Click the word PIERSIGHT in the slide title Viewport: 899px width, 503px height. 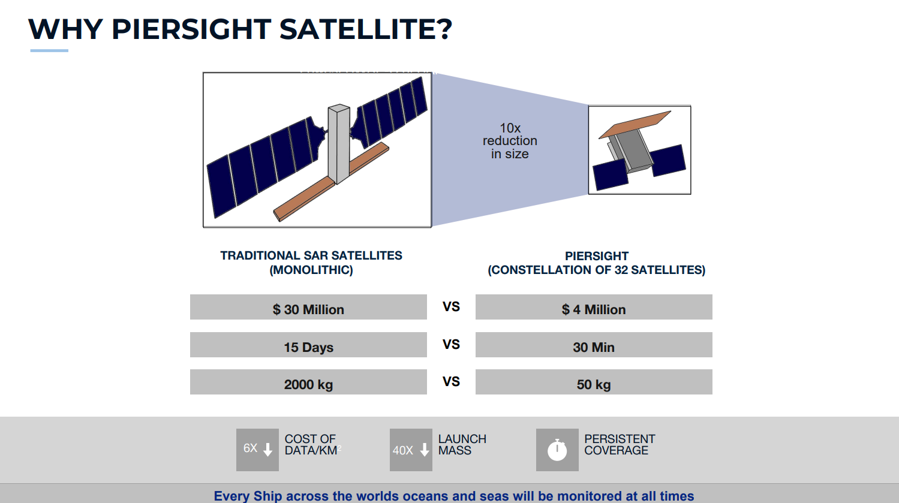(191, 29)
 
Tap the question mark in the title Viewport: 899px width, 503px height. (444, 29)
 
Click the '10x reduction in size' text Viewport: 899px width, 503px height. (510, 141)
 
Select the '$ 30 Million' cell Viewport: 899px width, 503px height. (308, 307)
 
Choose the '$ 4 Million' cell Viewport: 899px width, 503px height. (594, 307)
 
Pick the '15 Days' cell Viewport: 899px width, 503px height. (308, 345)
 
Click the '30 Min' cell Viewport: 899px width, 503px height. (594, 345)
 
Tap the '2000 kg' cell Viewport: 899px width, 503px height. (308, 382)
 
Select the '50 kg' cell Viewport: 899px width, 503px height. (594, 382)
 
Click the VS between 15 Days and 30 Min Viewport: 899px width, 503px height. (451, 345)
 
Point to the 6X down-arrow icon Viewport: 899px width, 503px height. (257, 450)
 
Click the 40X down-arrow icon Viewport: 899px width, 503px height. (411, 450)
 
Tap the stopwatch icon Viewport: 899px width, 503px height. (558, 450)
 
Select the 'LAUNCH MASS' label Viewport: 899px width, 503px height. (462, 444)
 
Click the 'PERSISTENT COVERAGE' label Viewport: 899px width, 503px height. (620, 444)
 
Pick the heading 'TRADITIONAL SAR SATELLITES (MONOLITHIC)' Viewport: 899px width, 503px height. (311, 263)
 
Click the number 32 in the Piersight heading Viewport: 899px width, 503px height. (621, 270)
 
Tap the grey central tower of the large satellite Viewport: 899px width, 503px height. (339, 144)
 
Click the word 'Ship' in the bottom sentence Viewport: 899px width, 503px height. (267, 496)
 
